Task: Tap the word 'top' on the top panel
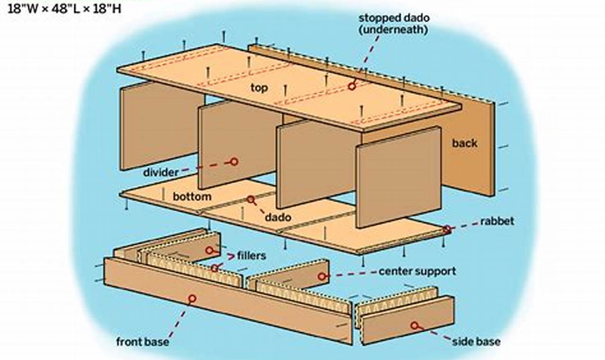[259, 88]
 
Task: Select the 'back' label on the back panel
[464, 143]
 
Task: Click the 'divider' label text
[161, 172]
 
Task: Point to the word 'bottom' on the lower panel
[192, 196]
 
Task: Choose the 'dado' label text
[277, 217]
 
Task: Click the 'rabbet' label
[497, 221]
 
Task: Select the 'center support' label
[417, 271]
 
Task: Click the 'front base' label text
[142, 341]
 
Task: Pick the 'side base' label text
[476, 341]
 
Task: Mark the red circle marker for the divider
[233, 162]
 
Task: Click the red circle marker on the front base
[192, 298]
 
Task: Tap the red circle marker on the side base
[415, 325]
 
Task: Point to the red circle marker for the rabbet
[447, 230]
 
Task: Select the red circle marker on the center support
[322, 276]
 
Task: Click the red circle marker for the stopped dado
[352, 86]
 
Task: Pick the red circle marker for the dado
[250, 199]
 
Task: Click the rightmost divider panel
[399, 178]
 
